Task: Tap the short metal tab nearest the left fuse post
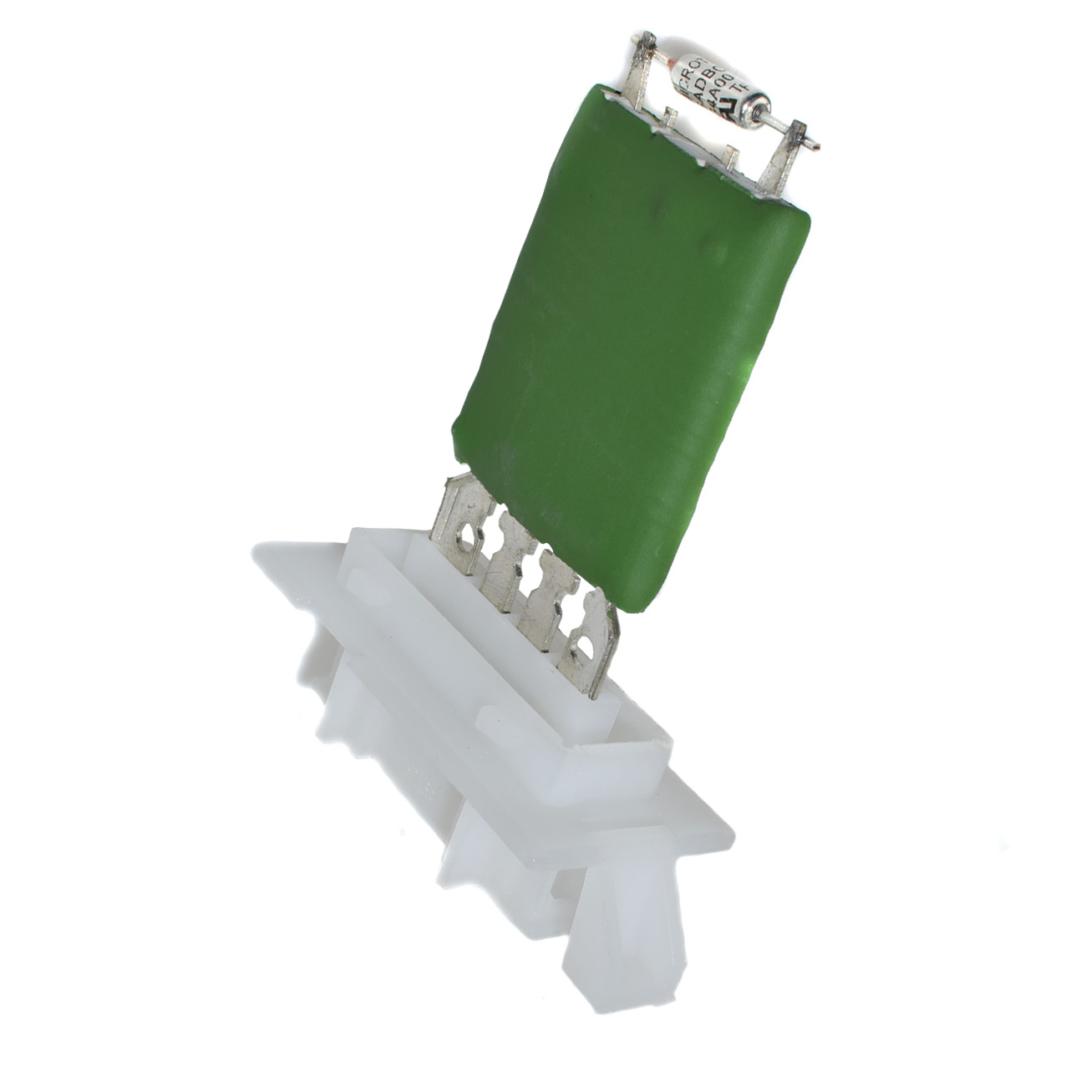click(x=668, y=117)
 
